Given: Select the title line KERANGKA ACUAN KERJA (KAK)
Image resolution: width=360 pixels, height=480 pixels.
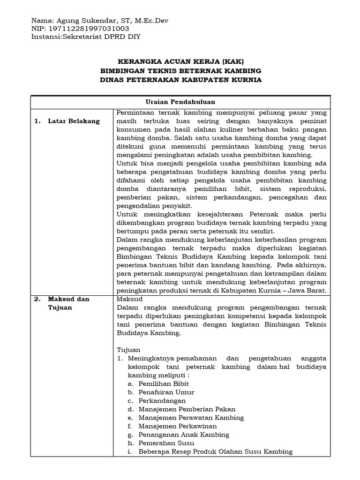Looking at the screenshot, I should click(x=180, y=62).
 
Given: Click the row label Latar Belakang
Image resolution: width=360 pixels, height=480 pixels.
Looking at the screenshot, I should click(x=74, y=121).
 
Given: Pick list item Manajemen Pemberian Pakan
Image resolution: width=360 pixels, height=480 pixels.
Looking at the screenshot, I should click(x=187, y=409).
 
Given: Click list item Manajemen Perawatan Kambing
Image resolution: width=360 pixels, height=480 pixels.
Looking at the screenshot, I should click(x=191, y=417).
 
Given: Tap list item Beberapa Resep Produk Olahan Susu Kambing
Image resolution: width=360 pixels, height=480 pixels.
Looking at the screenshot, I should click(x=215, y=451).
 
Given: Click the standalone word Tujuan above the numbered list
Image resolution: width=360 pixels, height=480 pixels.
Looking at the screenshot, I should click(x=125, y=350).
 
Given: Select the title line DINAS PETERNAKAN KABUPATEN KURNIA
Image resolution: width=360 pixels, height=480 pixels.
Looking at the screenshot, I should click(x=180, y=80).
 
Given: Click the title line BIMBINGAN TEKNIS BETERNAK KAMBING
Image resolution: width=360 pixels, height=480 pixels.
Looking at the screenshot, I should click(x=180, y=71).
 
